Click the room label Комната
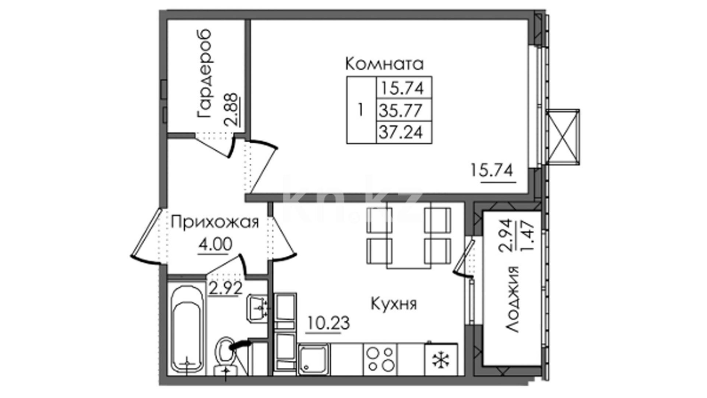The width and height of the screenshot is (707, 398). click(384, 64)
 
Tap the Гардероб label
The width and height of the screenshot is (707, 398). click(204, 74)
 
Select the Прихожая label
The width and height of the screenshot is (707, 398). click(215, 222)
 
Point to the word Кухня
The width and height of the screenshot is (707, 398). click(394, 304)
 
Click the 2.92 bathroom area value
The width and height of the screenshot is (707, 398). click(225, 288)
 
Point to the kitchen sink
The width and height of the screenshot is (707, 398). click(314, 359)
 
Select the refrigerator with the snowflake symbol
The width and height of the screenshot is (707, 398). click(441, 359)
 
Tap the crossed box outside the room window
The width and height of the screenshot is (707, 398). click(563, 137)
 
